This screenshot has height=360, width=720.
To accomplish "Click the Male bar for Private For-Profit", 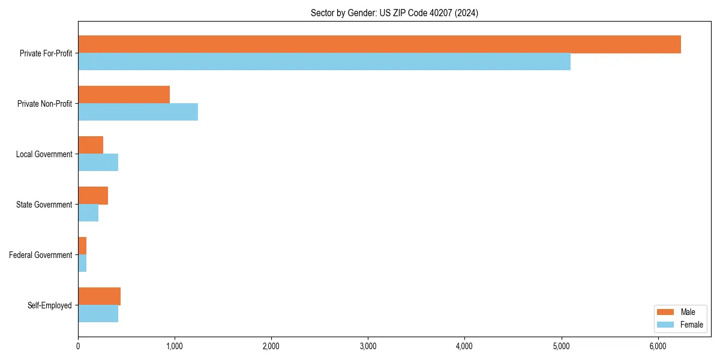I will [379, 44].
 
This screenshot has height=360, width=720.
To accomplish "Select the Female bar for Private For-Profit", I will [324, 62].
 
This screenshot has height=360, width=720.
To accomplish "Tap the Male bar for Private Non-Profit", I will [124, 95].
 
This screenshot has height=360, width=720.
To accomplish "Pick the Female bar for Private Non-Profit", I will [138, 112].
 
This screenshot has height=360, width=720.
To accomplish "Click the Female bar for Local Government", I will [98, 163].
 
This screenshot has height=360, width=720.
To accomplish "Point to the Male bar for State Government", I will [93, 196].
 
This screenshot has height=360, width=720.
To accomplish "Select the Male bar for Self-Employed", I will [99, 296].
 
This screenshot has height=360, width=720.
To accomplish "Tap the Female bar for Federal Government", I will [82, 263].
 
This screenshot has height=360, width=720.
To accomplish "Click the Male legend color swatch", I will [666, 312].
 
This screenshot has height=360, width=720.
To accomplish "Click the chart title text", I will [394, 13].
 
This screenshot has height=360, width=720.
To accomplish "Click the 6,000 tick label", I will [658, 346].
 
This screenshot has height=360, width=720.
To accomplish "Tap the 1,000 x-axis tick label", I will [175, 346].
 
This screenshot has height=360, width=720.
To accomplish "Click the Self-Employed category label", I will [49, 305].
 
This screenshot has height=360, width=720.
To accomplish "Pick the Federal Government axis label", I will [40, 255].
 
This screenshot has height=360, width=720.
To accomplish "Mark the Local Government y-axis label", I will [44, 154].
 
